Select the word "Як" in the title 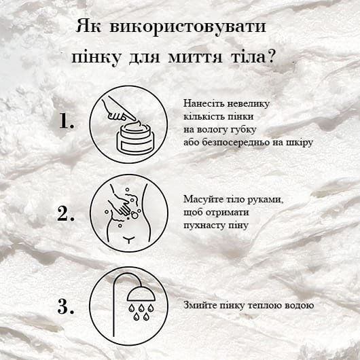(89, 27)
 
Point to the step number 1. (65, 122)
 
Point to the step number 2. (65, 214)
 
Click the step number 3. (65, 307)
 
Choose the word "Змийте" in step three (198, 306)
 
